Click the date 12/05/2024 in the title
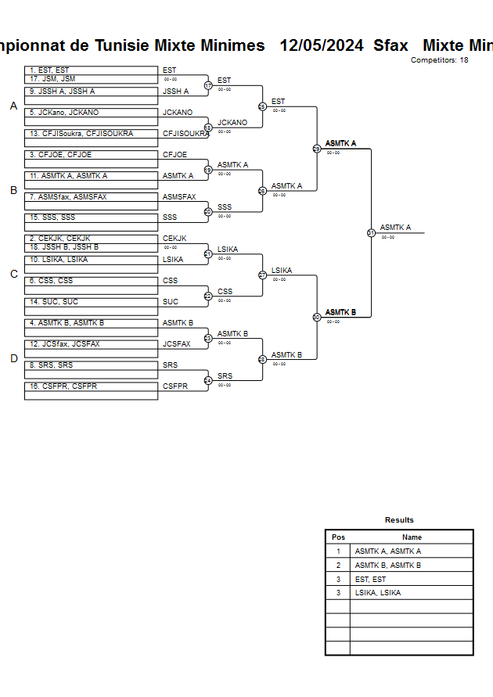(322, 45)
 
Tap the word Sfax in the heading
(390, 45)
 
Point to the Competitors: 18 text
(439, 60)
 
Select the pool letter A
(13, 106)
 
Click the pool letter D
(13, 358)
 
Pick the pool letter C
(13, 274)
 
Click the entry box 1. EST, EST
(91, 70)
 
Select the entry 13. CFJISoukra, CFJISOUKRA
(91, 134)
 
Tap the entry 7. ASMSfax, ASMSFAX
(91, 197)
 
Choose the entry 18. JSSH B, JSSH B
(91, 247)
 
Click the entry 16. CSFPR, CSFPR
(91, 386)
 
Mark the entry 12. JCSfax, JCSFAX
(91, 344)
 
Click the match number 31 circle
(371, 232)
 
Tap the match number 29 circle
(317, 149)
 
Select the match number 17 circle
(208, 85)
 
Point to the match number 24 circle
(208, 380)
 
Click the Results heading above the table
(399, 520)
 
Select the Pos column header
(338, 537)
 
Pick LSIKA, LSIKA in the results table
(378, 593)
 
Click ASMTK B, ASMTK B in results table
(388, 565)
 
